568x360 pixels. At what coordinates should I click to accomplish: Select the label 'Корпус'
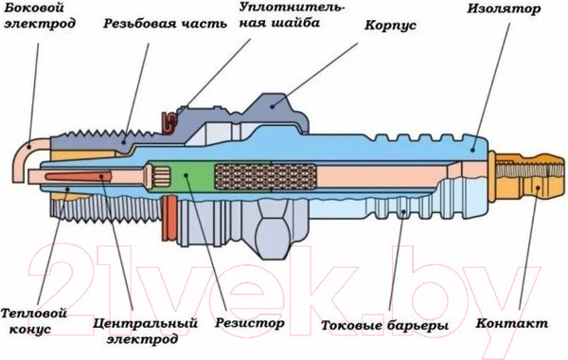pos(390,44)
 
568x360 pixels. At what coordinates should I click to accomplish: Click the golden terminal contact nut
pos(525,175)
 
